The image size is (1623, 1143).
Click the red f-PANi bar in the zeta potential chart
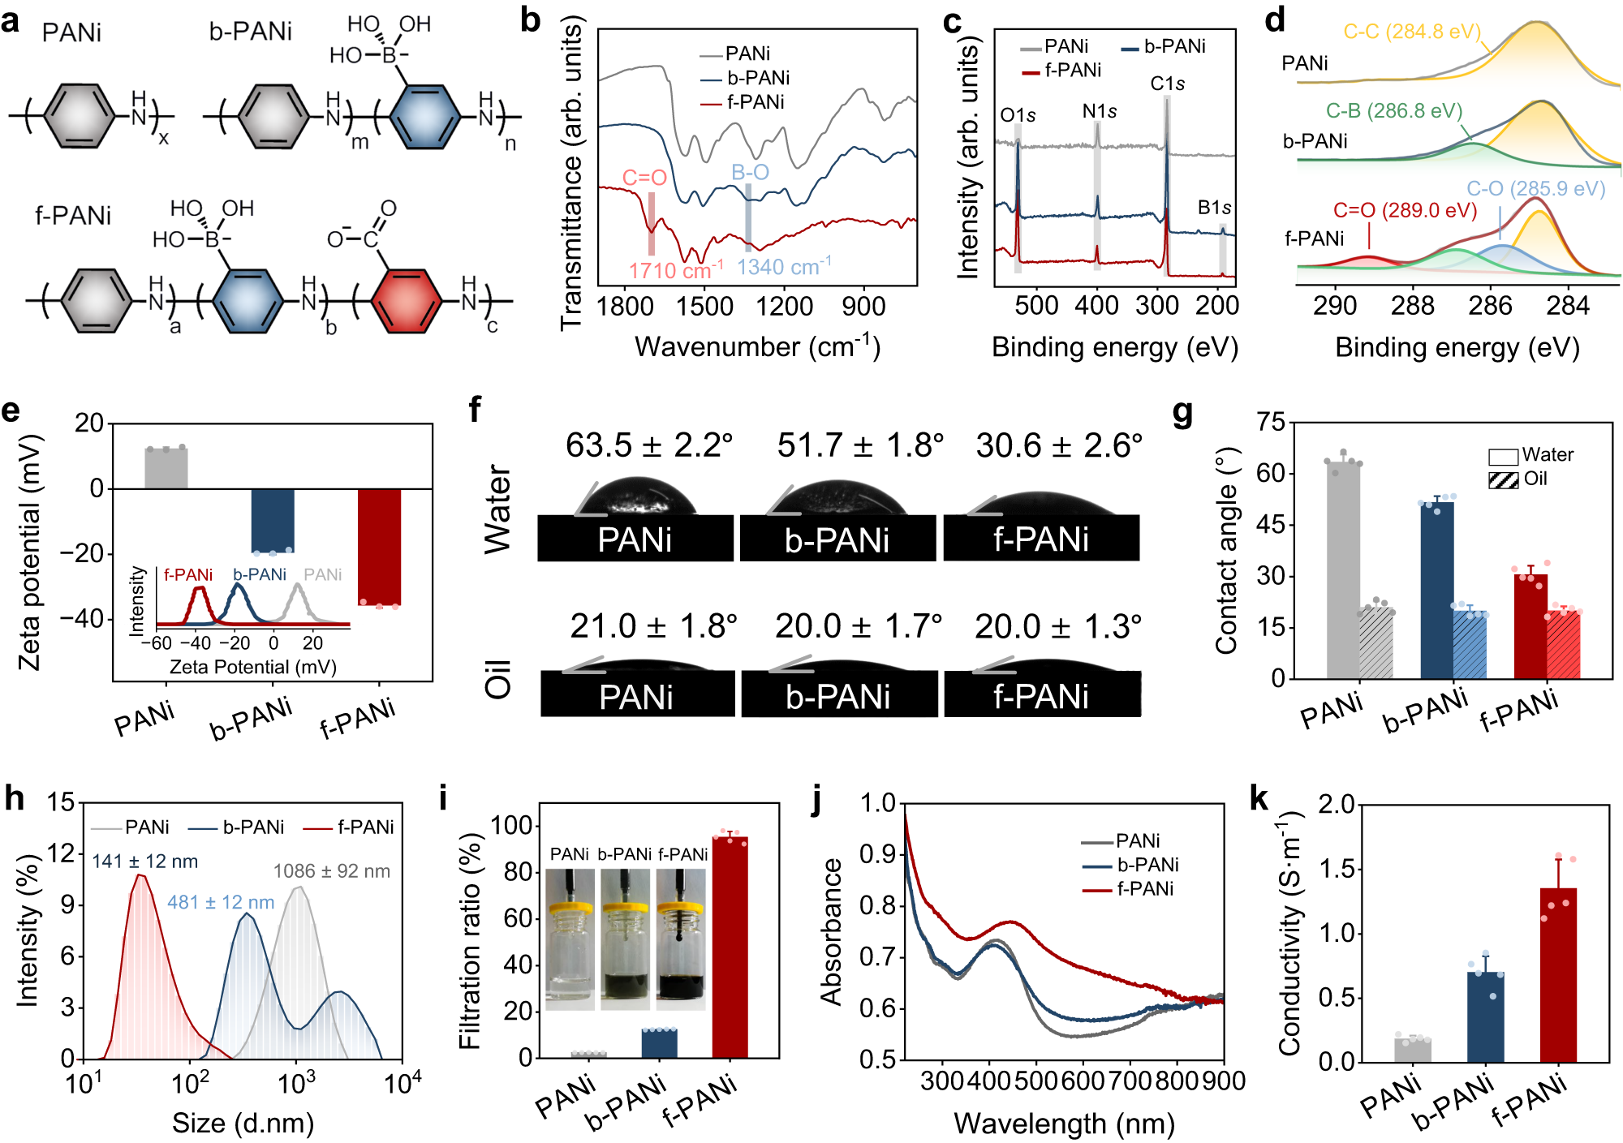pos(379,546)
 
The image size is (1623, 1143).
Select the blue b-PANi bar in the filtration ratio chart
pos(659,1043)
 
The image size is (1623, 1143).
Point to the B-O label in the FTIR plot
pos(750,172)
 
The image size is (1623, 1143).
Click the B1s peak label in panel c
pos(1214,208)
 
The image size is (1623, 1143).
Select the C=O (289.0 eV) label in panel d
pos(1405,211)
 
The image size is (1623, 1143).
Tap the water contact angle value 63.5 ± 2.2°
pos(649,445)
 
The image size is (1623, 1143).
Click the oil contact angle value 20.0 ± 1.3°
pos(1058,626)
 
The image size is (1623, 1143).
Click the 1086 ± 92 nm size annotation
pos(331,871)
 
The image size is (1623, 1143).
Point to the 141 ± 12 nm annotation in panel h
pos(144,862)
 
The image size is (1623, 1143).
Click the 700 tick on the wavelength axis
pos(1128,1081)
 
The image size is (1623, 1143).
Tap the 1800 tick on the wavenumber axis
pos(625,307)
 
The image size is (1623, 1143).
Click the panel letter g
pos(1182,413)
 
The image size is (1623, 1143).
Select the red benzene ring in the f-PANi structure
pos(407,302)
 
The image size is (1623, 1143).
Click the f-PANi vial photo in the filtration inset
pos(681,939)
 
